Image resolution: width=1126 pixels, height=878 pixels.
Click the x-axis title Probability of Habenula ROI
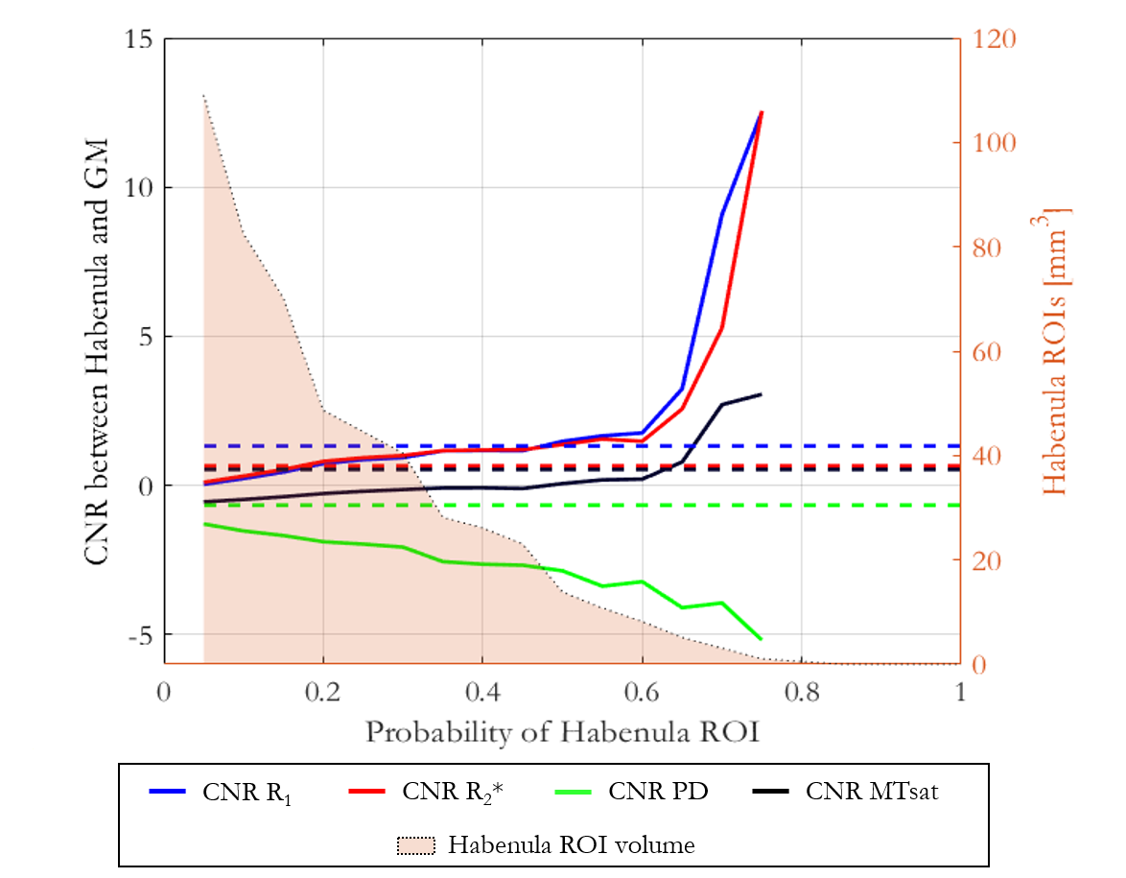click(x=562, y=733)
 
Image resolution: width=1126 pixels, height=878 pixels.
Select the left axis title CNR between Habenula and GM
click(x=96, y=351)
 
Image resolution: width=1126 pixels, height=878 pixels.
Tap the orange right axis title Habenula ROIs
click(x=1053, y=351)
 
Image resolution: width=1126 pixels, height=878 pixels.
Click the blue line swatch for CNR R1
click(x=169, y=792)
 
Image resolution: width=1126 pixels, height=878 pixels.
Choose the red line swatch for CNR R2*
click(x=368, y=792)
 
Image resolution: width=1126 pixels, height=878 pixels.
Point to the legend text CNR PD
click(x=658, y=793)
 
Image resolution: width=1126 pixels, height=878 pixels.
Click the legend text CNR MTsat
click(x=871, y=793)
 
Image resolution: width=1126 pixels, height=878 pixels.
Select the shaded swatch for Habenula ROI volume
click(x=415, y=845)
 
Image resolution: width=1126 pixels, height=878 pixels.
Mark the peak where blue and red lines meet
click(x=762, y=112)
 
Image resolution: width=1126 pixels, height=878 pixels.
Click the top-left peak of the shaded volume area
click(x=203, y=95)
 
